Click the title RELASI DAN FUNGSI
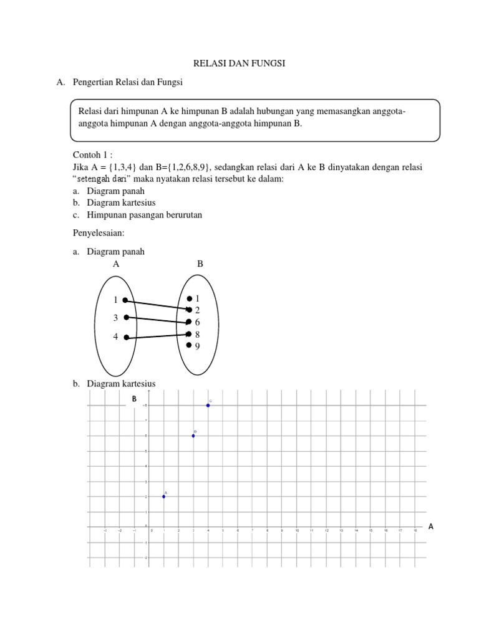coord(240,64)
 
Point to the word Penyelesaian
coord(99,232)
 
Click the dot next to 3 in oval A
coord(127,318)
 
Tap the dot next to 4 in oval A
coord(127,338)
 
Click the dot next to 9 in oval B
coord(189,346)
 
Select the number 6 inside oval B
coord(197,322)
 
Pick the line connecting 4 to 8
coord(157,336)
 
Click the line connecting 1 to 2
coord(157,304)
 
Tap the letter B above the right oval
coord(200,264)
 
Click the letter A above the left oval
coord(116,264)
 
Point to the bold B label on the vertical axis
coord(133,399)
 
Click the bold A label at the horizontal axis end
coord(430,526)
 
